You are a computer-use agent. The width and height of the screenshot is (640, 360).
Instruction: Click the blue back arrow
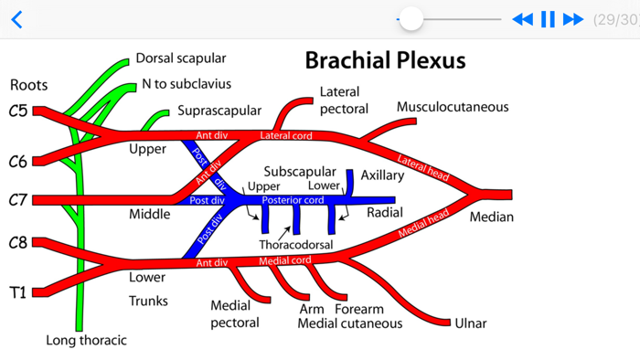click(16, 19)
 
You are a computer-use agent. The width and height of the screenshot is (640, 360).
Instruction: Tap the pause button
click(548, 19)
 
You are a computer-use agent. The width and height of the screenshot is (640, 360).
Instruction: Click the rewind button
click(522, 19)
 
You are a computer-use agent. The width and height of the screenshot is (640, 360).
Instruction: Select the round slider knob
click(411, 18)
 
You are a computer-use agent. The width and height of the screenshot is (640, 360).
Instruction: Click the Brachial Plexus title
click(385, 61)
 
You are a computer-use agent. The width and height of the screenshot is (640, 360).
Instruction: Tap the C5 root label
click(18, 112)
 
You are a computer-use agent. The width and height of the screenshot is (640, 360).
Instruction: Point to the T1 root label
click(18, 293)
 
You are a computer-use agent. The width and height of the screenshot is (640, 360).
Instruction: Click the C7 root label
click(18, 200)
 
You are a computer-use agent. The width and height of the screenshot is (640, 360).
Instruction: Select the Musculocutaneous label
click(452, 107)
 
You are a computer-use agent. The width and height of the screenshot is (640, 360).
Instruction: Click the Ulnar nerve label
click(470, 323)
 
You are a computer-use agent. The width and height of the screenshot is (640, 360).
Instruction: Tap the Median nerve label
click(492, 217)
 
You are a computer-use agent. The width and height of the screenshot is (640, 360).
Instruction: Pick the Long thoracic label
click(86, 341)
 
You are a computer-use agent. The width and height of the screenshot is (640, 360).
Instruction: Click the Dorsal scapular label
click(180, 58)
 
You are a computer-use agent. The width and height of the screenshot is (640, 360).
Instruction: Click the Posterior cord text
click(293, 200)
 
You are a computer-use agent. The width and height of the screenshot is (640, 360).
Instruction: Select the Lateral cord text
click(286, 136)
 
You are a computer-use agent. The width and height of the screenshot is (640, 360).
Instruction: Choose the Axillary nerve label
click(381, 175)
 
